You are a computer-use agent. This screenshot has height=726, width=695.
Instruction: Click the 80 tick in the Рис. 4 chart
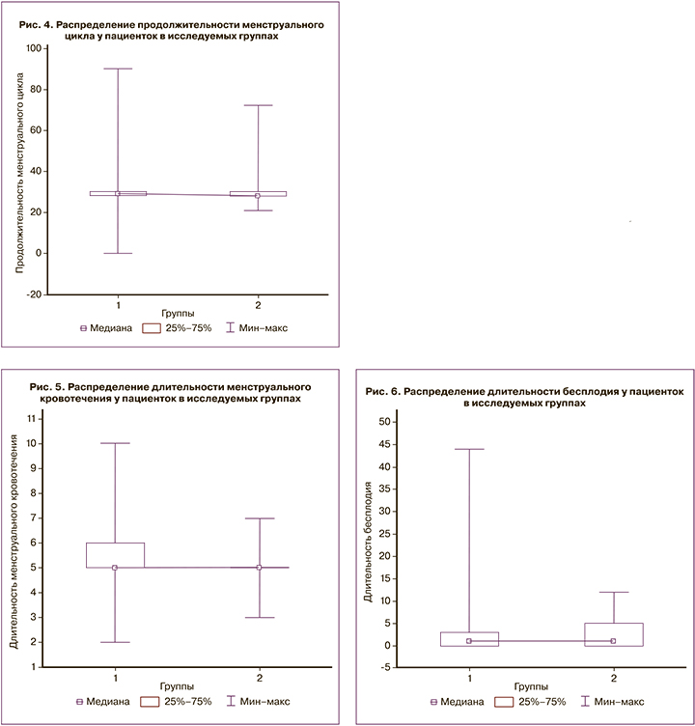(x=36, y=89)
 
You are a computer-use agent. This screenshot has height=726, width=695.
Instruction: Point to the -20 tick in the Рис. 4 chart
(x=36, y=294)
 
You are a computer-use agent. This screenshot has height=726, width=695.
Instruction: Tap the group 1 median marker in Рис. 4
(x=118, y=193)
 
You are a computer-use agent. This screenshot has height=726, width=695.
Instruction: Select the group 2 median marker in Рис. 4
(x=258, y=195)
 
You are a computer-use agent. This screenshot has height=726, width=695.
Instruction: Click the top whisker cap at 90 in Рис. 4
(x=118, y=69)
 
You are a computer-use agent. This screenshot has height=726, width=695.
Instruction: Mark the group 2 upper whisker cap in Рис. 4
(x=258, y=105)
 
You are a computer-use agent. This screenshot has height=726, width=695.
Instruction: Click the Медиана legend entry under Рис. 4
(x=100, y=328)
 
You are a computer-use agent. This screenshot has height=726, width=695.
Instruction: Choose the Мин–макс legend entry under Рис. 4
(x=256, y=328)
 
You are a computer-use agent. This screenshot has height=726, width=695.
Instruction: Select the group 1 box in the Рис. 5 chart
(x=115, y=555)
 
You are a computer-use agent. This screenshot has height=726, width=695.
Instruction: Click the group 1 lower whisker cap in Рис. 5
(x=115, y=642)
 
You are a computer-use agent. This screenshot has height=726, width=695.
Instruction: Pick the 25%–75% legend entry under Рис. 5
(x=173, y=701)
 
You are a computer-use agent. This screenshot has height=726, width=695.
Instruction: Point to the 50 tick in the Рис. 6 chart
(x=384, y=422)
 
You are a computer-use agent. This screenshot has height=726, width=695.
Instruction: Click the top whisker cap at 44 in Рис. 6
(x=468, y=449)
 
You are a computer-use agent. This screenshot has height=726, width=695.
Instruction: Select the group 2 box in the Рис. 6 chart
(x=613, y=633)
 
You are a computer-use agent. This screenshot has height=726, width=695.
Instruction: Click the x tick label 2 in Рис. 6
(x=613, y=671)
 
